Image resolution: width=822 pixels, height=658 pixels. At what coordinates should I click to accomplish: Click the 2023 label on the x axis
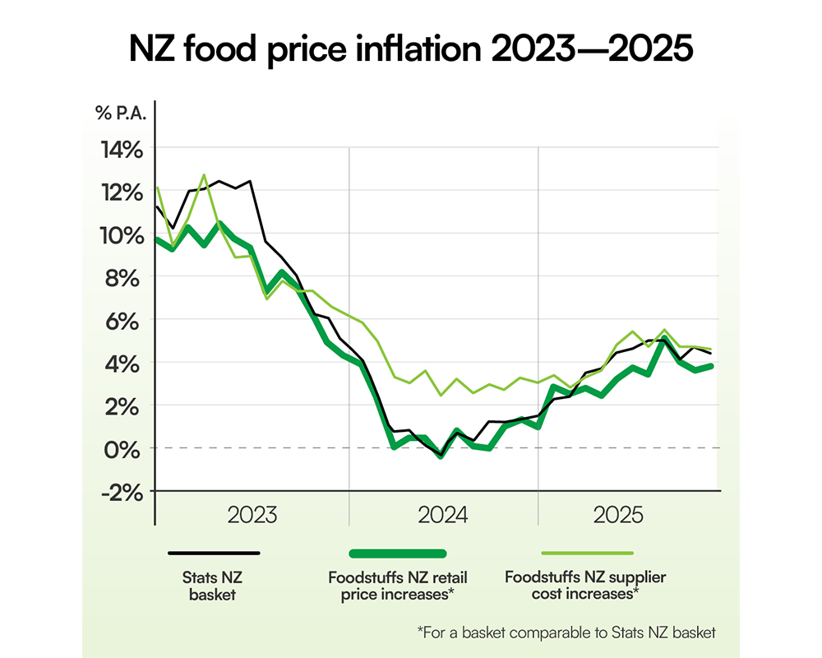tap(252, 516)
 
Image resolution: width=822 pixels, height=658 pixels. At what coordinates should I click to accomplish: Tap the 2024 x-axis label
tap(443, 516)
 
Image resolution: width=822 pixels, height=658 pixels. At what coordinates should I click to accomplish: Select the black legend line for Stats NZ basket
tap(214, 554)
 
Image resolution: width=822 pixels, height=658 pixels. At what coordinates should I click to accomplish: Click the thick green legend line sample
tap(398, 554)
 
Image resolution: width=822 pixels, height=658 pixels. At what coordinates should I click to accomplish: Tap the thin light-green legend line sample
tap(586, 554)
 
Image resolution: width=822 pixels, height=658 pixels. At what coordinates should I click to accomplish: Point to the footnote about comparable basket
tap(566, 633)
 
